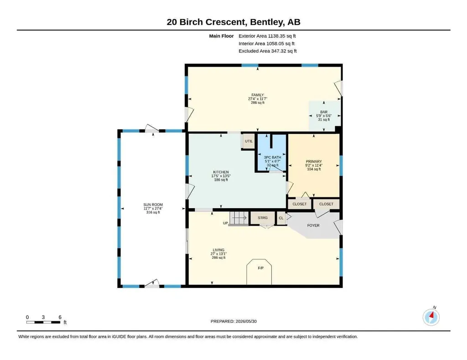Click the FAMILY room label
258,95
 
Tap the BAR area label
324,112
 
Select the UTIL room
249,141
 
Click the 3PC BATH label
273,157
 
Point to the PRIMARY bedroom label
314,162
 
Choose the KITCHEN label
221,172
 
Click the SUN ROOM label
153,205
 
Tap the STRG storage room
262,218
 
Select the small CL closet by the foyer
281,218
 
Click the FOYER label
313,226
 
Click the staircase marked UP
238,218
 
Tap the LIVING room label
218,250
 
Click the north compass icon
431,317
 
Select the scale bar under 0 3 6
43,322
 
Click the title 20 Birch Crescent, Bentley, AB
233,22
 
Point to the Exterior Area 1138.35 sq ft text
267,36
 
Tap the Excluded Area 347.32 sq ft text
267,51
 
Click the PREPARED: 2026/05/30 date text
233,321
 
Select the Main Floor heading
221,36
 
